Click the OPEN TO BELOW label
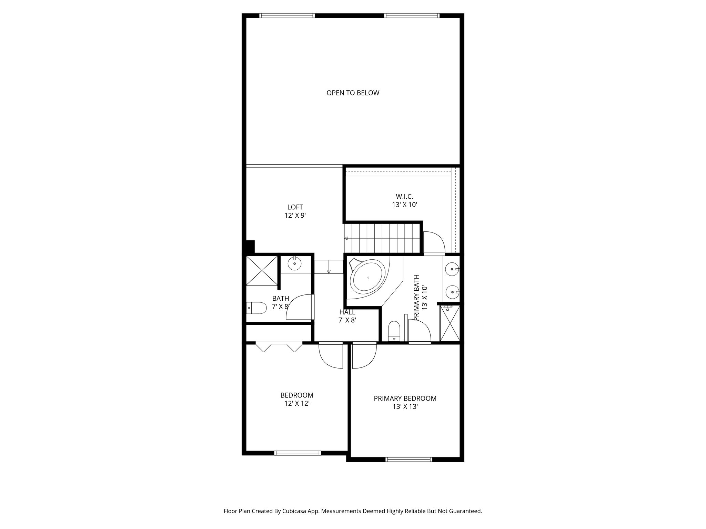[x=353, y=93]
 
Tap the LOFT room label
[x=295, y=207]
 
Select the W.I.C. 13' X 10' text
[x=404, y=200]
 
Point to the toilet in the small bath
[x=257, y=308]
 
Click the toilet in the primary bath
[x=394, y=331]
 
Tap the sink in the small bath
[x=295, y=264]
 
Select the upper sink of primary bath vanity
[x=451, y=269]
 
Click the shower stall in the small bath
[x=262, y=270]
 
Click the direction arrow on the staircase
[x=346, y=238]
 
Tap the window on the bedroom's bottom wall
[x=297, y=453]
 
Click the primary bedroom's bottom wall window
[x=409, y=459]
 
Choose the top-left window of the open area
[x=287, y=15]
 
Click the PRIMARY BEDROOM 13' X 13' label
[x=405, y=402]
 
